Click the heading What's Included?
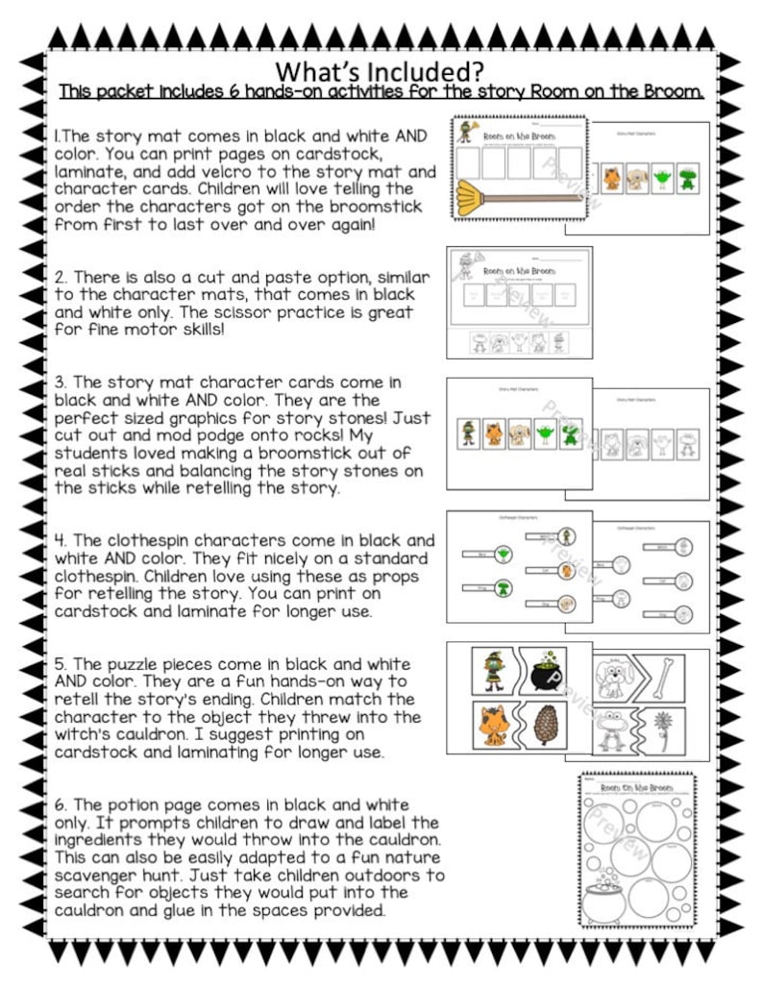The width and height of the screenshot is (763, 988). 380,72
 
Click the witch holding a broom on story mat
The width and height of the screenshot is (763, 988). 469,135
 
